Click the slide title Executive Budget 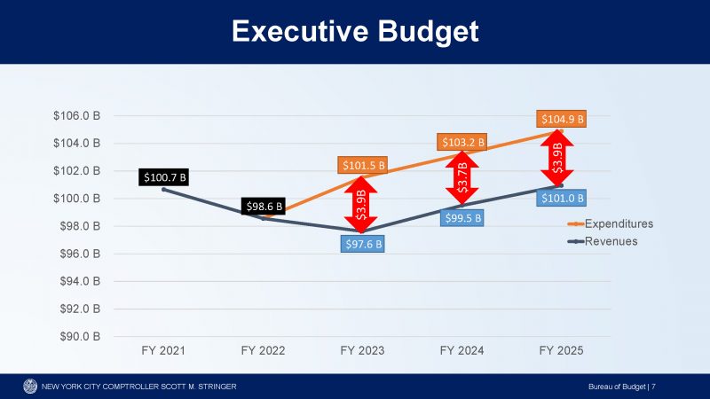[x=355, y=32]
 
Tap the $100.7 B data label [x=165, y=177]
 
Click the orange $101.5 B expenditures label [x=363, y=165]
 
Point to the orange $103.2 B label [x=462, y=142]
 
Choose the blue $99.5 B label [x=462, y=218]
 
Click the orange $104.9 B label [x=561, y=119]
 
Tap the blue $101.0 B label [x=561, y=198]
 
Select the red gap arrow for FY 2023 [x=361, y=203]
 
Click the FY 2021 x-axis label [x=164, y=352]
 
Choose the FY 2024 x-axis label [x=461, y=352]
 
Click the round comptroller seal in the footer [x=30, y=386]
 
